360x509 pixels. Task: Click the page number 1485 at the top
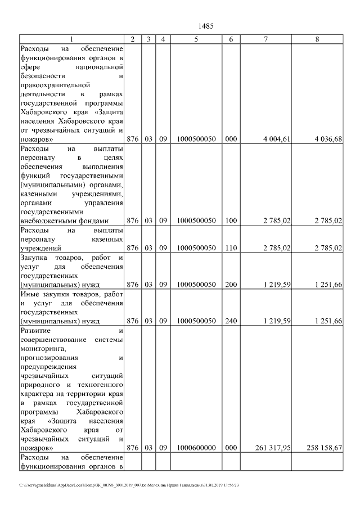point(206,26)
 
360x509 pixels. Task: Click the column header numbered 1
point(71,39)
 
